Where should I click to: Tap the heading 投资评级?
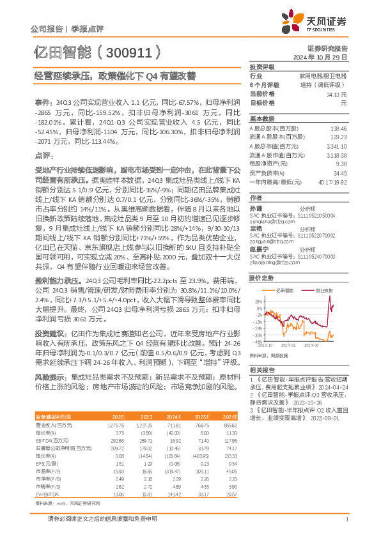261,66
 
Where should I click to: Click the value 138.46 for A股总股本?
339,128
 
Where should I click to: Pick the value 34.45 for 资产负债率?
340,173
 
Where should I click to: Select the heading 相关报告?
261,371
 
